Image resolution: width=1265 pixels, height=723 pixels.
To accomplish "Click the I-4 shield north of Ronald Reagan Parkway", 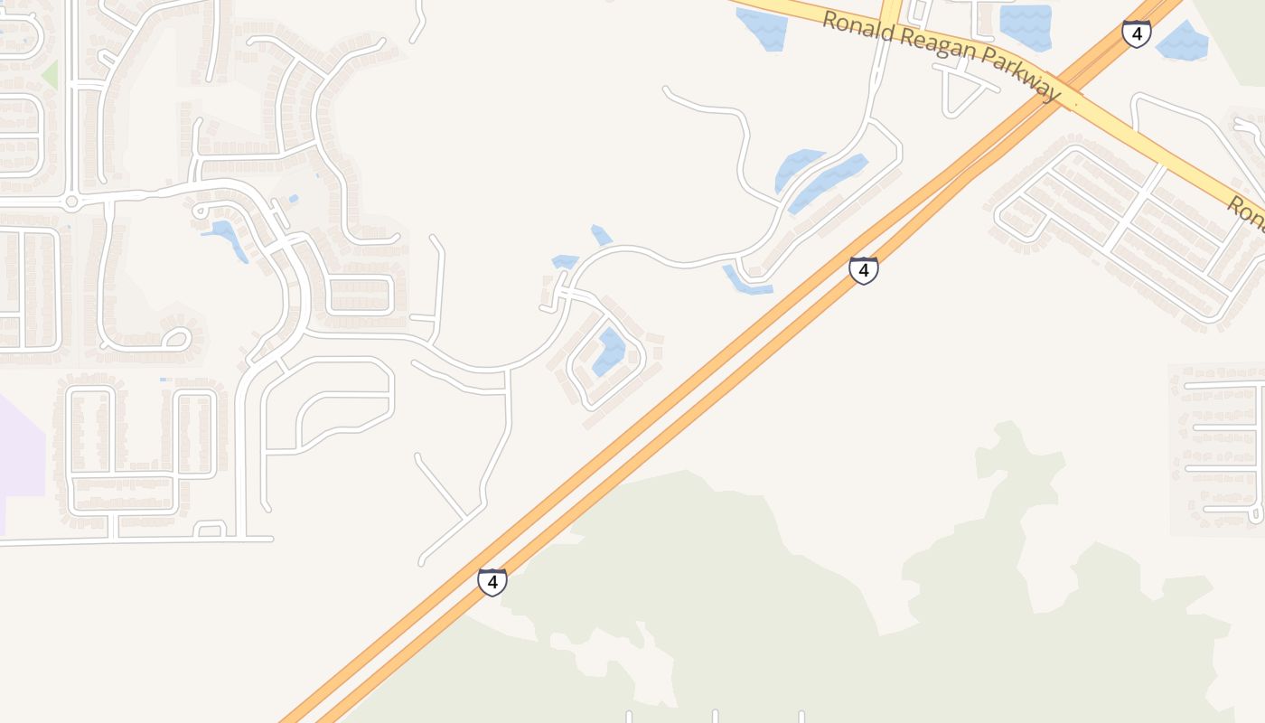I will click(1136, 33).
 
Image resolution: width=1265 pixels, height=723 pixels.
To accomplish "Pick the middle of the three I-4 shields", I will click(863, 269).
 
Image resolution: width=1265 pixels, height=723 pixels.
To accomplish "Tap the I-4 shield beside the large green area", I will click(492, 581).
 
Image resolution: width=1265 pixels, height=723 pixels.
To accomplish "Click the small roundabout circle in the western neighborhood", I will click(71, 201).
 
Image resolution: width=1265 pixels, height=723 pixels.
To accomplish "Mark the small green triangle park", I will click(50, 75).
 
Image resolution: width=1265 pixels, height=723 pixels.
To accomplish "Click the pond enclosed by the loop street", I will click(609, 352).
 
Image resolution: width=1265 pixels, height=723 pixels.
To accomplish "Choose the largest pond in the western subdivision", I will click(226, 238).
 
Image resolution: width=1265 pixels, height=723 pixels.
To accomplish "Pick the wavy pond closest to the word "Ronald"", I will click(762, 27).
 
